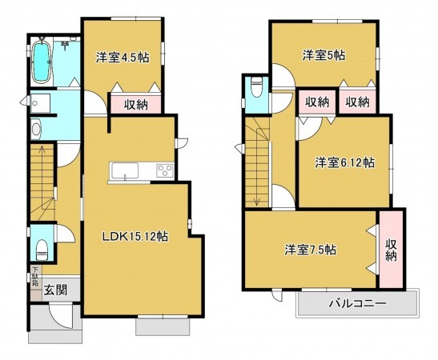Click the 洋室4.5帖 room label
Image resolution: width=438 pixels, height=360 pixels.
coord(123,57)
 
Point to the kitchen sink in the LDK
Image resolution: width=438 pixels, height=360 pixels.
coord(126,170)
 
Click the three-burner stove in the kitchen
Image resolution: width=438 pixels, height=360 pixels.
coord(164,170)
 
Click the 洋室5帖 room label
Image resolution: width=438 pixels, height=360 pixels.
coord(323,55)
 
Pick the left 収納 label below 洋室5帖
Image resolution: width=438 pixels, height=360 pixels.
coord(317,102)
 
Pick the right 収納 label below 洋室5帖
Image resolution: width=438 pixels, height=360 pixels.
coord(357,102)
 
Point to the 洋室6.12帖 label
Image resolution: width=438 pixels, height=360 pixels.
coord(344,162)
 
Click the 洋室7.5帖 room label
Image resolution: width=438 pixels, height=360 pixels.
coord(310,250)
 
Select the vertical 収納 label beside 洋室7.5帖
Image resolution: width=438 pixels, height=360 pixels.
coord(391,250)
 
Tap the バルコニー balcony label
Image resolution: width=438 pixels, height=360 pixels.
coord(358,304)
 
